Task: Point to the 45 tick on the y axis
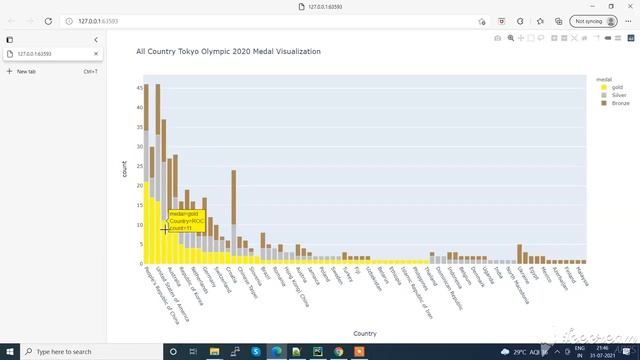point(138,88)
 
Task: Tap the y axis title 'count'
point(125,169)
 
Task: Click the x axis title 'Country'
point(365,333)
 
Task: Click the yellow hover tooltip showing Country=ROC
point(186,221)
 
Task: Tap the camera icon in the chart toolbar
point(498,37)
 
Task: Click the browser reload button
point(49,20)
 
